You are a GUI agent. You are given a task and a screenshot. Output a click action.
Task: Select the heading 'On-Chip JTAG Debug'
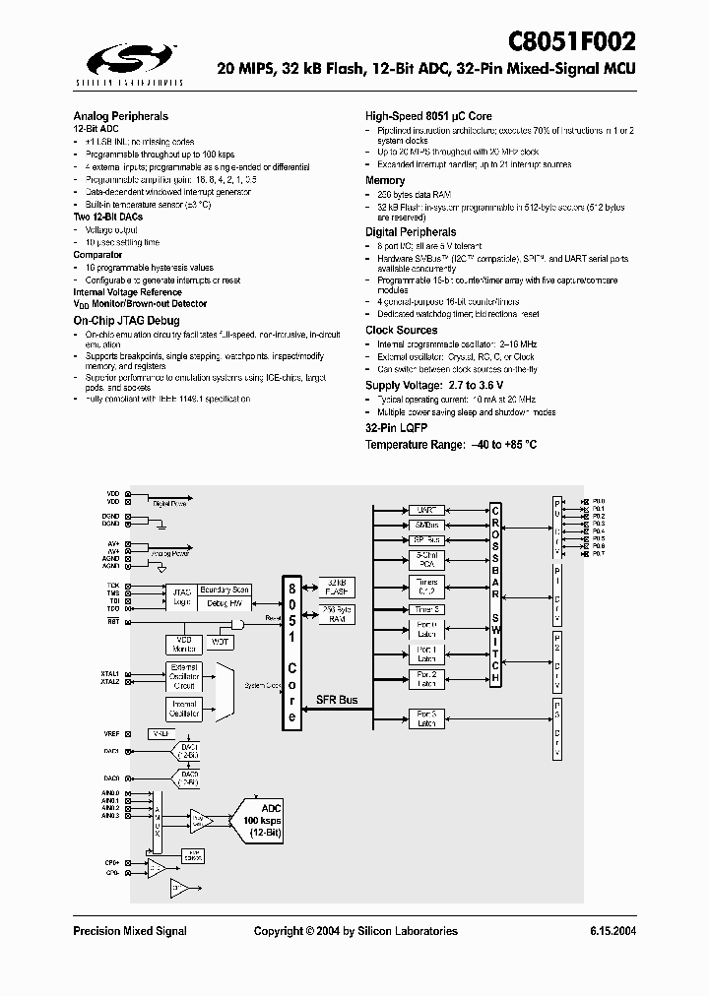pos(126,321)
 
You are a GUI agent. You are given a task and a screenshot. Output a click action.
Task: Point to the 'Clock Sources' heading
pos(402,330)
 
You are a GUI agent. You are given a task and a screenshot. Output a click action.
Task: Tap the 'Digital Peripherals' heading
pos(411,232)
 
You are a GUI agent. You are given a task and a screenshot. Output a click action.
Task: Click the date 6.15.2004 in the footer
pos(612,931)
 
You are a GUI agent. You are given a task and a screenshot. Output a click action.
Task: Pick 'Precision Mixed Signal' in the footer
pos(130,931)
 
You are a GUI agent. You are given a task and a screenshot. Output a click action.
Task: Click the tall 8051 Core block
pos(291,650)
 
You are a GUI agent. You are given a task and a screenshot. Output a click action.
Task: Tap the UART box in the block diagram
pos(426,511)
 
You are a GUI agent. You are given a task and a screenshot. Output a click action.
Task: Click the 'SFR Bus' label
pos(338,700)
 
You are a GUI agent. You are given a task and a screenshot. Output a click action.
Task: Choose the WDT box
pos(220,643)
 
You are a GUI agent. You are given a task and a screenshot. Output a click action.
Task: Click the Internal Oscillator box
pos(184,709)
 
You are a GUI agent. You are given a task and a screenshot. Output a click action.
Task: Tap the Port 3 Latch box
pos(426,717)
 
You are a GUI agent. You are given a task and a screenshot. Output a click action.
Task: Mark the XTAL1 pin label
pos(109,673)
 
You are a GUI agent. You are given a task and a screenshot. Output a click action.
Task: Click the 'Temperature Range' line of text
pos(451,445)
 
